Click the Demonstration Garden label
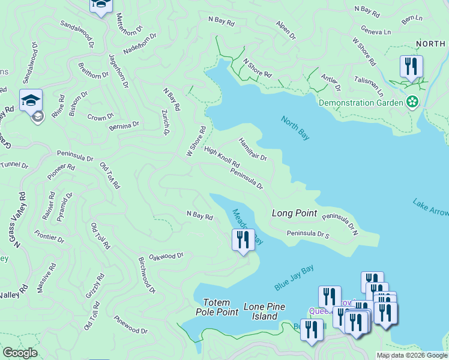pyautogui.click(x=361, y=103)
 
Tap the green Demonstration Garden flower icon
pyautogui.click(x=412, y=102)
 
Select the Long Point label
pyautogui.click(x=294, y=213)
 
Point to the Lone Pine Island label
pyautogui.click(x=264, y=311)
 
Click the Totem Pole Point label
pyautogui.click(x=217, y=307)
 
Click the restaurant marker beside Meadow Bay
pyautogui.click(x=243, y=240)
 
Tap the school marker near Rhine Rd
pyautogui.click(x=31, y=101)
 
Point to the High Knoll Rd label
pyautogui.click(x=221, y=157)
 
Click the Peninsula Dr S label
pyautogui.click(x=308, y=233)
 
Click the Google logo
pyautogui.click(x=19, y=353)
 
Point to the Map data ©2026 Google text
pyautogui.click(x=411, y=355)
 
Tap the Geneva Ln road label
pyautogui.click(x=376, y=29)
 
